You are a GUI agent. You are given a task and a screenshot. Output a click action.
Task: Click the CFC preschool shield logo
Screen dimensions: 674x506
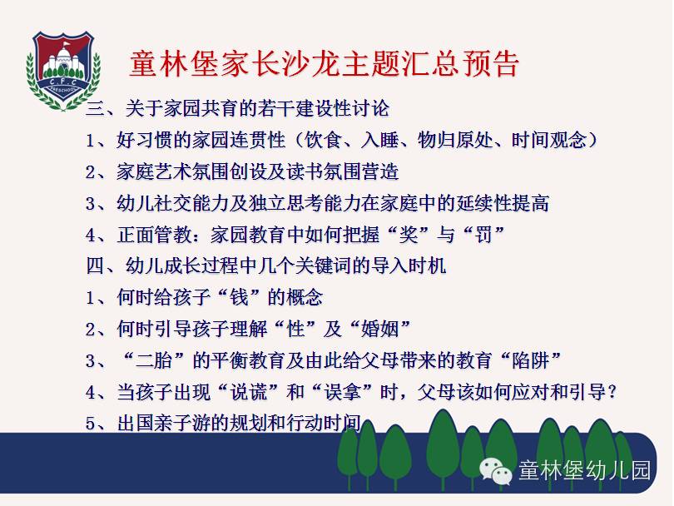click(x=63, y=70)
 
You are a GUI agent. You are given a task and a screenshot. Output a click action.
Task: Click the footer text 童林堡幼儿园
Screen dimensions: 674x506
click(x=585, y=470)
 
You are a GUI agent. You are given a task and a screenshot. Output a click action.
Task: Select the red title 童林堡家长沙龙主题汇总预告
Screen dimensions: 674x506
click(x=325, y=64)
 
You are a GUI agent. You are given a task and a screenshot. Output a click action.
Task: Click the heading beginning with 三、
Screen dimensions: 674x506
click(x=238, y=108)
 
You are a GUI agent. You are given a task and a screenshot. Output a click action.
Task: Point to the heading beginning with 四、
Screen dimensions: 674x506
click(x=266, y=265)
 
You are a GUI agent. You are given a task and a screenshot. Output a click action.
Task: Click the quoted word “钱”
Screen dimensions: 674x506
click(x=240, y=297)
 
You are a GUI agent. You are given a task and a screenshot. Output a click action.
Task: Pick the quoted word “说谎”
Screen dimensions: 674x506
click(x=249, y=392)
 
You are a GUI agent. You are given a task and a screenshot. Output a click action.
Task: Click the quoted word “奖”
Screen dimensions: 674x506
click(x=409, y=235)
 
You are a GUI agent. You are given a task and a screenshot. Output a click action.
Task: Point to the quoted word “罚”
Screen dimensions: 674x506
click(x=483, y=235)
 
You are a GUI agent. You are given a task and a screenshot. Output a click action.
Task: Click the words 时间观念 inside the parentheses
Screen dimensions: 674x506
click(x=549, y=140)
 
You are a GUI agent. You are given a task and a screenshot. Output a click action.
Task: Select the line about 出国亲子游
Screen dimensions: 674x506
click(x=223, y=423)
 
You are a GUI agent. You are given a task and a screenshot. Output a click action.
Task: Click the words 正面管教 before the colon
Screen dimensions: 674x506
click(x=154, y=235)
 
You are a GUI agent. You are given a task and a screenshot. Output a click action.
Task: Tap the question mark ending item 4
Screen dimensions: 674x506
click(x=612, y=392)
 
